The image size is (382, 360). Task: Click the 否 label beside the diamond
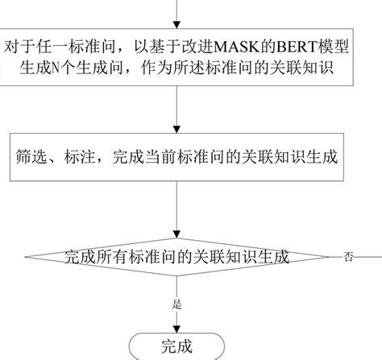coord(348,258)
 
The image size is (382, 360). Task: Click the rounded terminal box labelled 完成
coord(176,346)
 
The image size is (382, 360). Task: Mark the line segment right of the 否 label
coord(369,258)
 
